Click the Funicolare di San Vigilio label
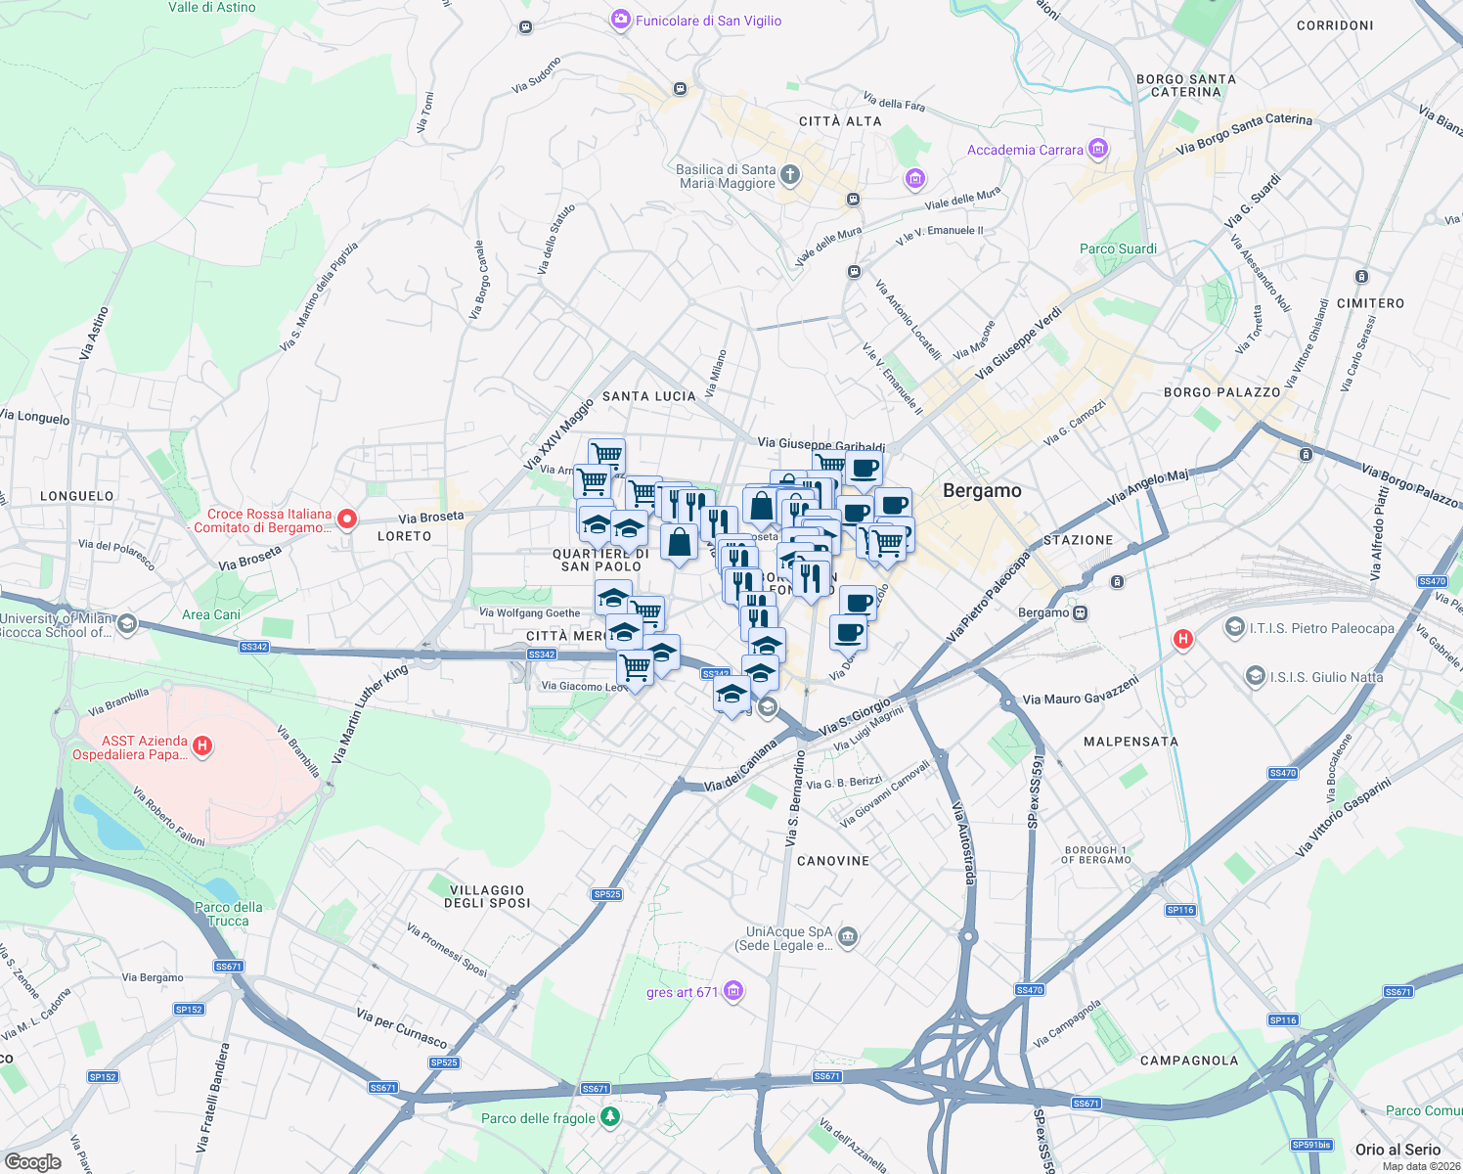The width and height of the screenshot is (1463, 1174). pyautogui.click(x=708, y=21)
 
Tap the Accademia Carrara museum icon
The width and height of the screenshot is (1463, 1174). pyautogui.click(x=1098, y=149)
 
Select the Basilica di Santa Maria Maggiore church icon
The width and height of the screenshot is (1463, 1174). pyautogui.click(x=790, y=176)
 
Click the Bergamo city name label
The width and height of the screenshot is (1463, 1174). pyautogui.click(x=982, y=491)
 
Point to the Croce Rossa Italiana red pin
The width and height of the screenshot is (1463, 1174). pyautogui.click(x=347, y=519)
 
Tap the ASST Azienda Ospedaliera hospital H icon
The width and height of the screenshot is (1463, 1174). pyautogui.click(x=202, y=746)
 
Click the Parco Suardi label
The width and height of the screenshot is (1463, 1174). pyautogui.click(x=1118, y=248)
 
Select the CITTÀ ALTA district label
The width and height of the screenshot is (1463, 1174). pyautogui.click(x=840, y=121)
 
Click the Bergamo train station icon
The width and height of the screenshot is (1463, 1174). pyautogui.click(x=1080, y=613)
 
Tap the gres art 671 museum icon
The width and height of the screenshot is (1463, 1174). pyautogui.click(x=733, y=991)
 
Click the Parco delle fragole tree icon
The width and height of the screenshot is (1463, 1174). pyautogui.click(x=610, y=1116)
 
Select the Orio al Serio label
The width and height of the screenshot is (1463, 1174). pyautogui.click(x=1397, y=1150)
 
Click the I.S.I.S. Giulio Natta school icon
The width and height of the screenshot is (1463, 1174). pyautogui.click(x=1255, y=676)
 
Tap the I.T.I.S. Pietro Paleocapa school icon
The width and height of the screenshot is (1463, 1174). pyautogui.click(x=1235, y=628)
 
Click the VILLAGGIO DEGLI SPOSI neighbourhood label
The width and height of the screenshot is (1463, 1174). pyautogui.click(x=487, y=896)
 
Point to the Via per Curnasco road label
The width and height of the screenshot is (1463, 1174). pyautogui.click(x=402, y=1028)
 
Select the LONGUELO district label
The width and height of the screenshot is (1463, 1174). pyautogui.click(x=77, y=496)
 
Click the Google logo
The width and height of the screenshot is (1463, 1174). pyautogui.click(x=32, y=1161)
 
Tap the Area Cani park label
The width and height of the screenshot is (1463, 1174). pyautogui.click(x=211, y=614)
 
